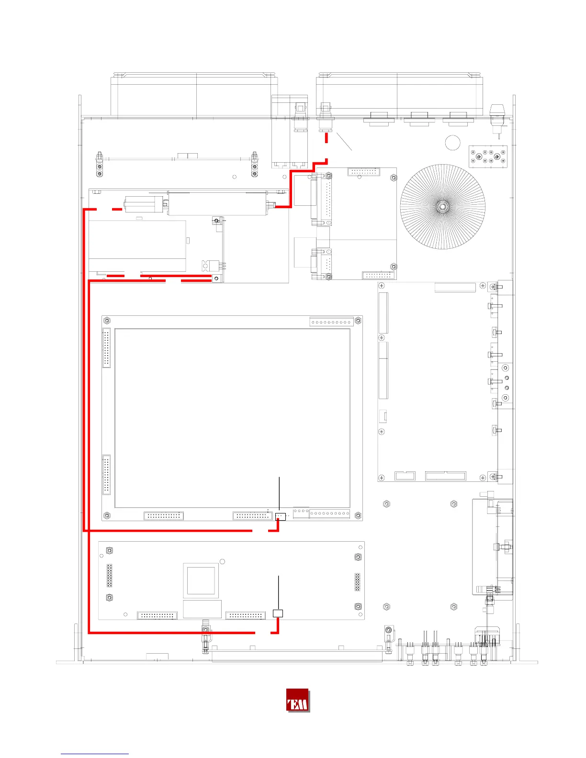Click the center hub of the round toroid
tap(442, 207)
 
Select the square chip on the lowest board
tap(201, 580)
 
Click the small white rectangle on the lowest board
tap(278, 613)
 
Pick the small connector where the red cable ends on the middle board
tap(280, 516)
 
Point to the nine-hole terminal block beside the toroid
tap(487, 156)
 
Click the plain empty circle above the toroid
tap(453, 143)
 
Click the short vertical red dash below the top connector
tap(327, 138)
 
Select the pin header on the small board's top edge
tap(363, 172)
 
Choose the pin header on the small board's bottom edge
tap(378, 275)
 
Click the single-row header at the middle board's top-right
tap(332, 322)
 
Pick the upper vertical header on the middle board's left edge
tap(106, 348)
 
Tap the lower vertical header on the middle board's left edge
tap(106, 475)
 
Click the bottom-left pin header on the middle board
tap(164, 515)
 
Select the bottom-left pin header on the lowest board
tap(157, 616)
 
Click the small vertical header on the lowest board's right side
tap(357, 582)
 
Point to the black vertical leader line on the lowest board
tap(279, 592)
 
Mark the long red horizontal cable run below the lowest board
tap(171, 633)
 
